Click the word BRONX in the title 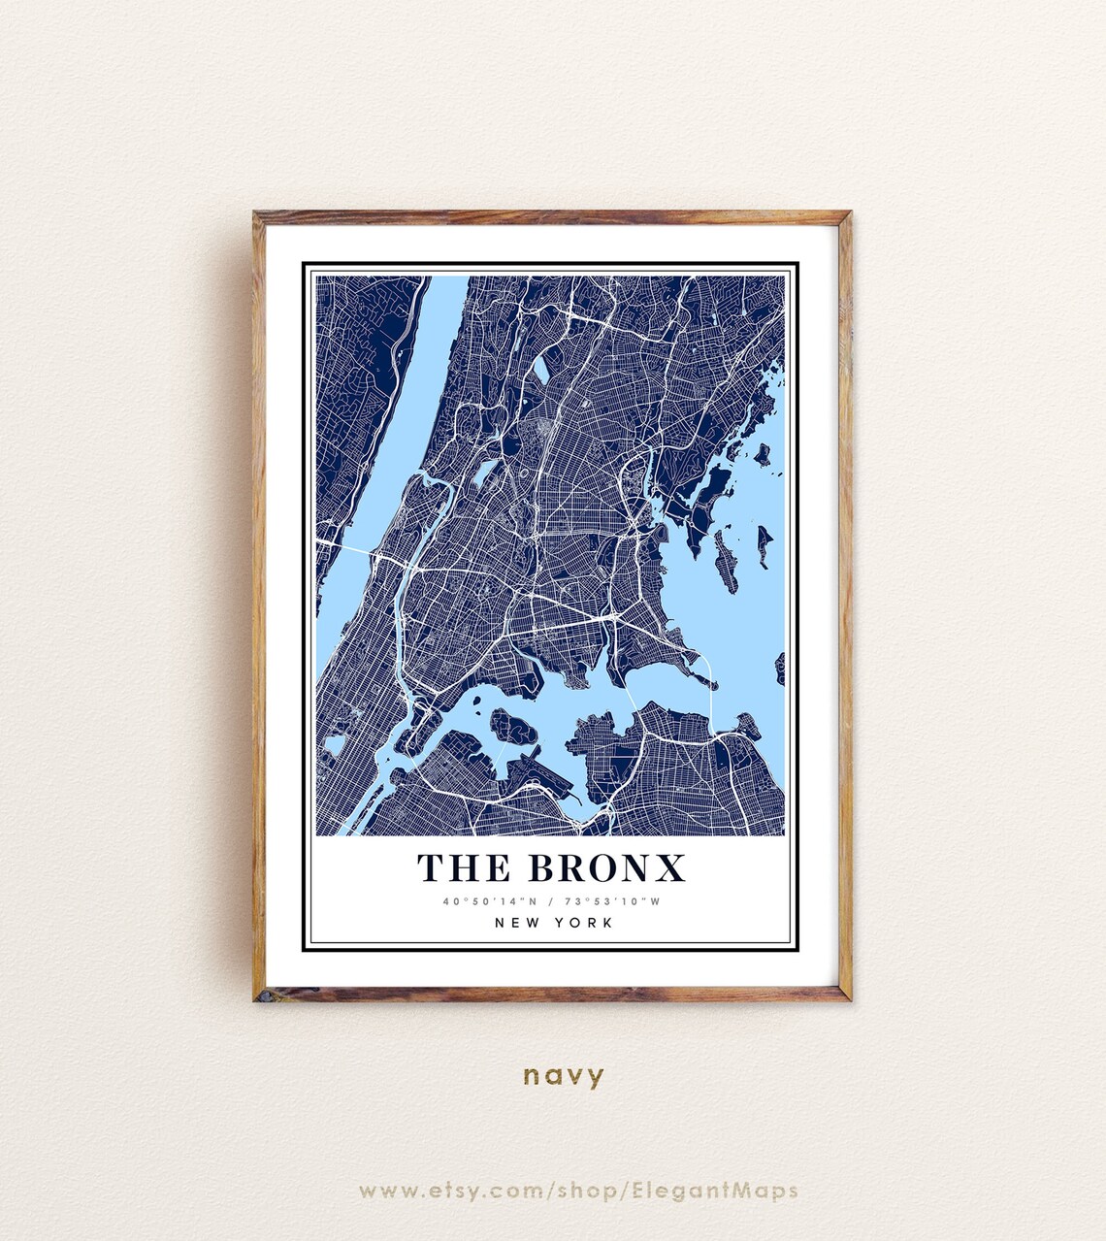click(607, 867)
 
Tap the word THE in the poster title click(463, 867)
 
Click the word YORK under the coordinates click(584, 923)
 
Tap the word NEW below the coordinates click(514, 923)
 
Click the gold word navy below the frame click(564, 1075)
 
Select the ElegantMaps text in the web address click(715, 1191)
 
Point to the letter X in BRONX click(671, 867)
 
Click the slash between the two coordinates click(551, 901)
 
